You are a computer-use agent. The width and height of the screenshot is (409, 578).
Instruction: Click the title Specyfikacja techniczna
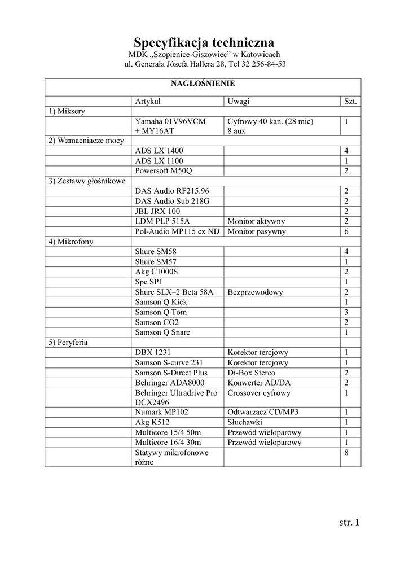click(204, 42)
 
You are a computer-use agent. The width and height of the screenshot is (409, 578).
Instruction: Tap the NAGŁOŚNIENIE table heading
click(203, 84)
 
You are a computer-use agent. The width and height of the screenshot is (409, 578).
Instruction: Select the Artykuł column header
click(148, 101)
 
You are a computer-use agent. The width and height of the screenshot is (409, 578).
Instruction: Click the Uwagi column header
click(239, 101)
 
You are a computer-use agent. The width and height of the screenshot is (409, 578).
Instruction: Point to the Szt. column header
click(350, 101)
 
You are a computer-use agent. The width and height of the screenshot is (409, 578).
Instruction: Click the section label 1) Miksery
click(67, 111)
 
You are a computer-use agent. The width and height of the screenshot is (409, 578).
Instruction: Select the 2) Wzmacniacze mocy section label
click(82, 141)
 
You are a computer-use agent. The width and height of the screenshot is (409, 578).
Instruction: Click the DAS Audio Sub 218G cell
click(172, 202)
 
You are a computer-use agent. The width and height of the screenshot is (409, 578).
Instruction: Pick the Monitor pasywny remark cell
click(257, 231)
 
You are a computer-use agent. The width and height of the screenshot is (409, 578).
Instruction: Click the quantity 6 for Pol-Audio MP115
click(346, 231)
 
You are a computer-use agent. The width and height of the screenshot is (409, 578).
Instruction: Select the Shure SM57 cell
click(156, 261)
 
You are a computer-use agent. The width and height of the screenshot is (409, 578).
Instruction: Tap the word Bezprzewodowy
click(255, 292)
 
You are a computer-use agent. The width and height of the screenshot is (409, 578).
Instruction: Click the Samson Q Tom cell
click(161, 312)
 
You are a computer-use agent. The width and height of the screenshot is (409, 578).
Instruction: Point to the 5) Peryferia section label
click(68, 342)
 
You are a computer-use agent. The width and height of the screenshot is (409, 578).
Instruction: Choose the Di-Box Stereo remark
click(252, 373)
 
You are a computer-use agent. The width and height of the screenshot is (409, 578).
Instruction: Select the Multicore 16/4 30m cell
click(168, 443)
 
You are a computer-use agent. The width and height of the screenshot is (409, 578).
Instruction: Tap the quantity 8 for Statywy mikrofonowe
click(346, 453)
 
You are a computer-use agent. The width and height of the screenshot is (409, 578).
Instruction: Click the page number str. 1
click(349, 522)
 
